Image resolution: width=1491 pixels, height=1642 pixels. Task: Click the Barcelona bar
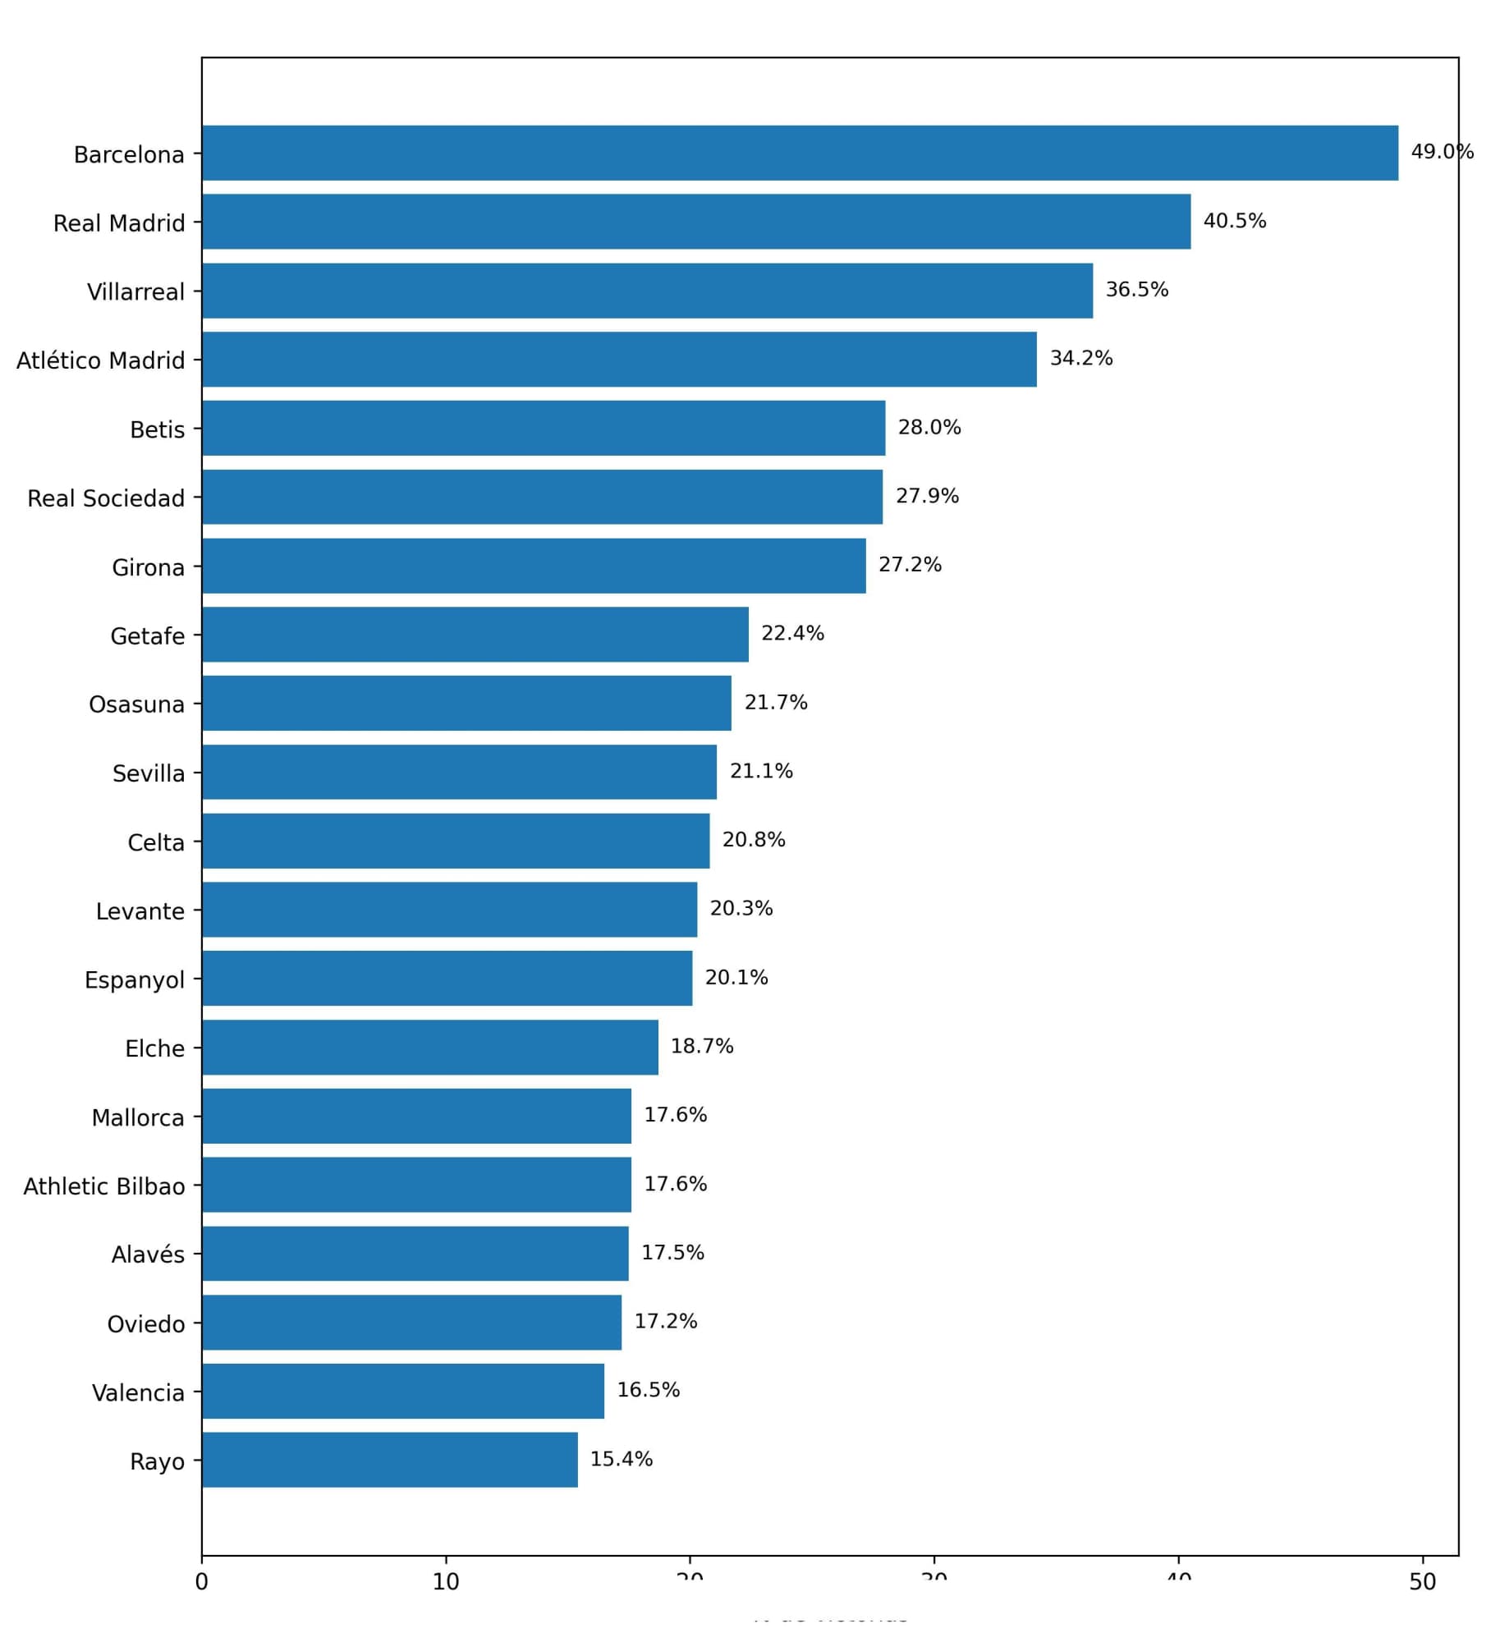pyautogui.click(x=800, y=153)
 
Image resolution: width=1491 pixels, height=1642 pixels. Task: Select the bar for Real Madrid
pyautogui.click(x=696, y=222)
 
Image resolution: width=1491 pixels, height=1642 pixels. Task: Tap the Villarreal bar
pyautogui.click(x=647, y=291)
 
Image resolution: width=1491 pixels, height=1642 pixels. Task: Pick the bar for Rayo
pyautogui.click(x=390, y=1460)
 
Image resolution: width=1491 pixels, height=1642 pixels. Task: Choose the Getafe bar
pyautogui.click(x=475, y=635)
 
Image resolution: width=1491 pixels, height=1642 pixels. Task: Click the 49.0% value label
pyautogui.click(x=1441, y=152)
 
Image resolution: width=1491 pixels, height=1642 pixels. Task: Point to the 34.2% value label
pyautogui.click(x=1080, y=358)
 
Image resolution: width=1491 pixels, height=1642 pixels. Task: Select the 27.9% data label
pyautogui.click(x=926, y=496)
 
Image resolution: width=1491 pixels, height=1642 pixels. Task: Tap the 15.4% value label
pyautogui.click(x=621, y=1459)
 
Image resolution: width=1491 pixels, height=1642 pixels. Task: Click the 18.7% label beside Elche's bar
pyautogui.click(x=701, y=1046)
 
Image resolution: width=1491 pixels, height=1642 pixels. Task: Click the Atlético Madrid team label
pyautogui.click(x=100, y=360)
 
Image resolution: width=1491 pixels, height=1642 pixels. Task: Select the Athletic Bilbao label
pyautogui.click(x=103, y=1186)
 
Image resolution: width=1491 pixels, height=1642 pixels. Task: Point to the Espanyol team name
pyautogui.click(x=134, y=980)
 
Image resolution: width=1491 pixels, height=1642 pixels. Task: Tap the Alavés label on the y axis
pyautogui.click(x=148, y=1254)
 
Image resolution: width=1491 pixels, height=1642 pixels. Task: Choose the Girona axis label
pyautogui.click(x=148, y=567)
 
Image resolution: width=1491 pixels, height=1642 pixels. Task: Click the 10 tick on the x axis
pyautogui.click(x=446, y=1582)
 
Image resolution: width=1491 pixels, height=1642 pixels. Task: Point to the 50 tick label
pyautogui.click(x=1422, y=1582)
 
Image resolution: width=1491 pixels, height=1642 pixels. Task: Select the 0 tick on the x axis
pyautogui.click(x=202, y=1582)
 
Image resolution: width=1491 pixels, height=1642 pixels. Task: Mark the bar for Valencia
pyautogui.click(x=403, y=1391)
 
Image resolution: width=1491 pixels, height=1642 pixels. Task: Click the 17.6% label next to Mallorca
pyautogui.click(x=675, y=1115)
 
